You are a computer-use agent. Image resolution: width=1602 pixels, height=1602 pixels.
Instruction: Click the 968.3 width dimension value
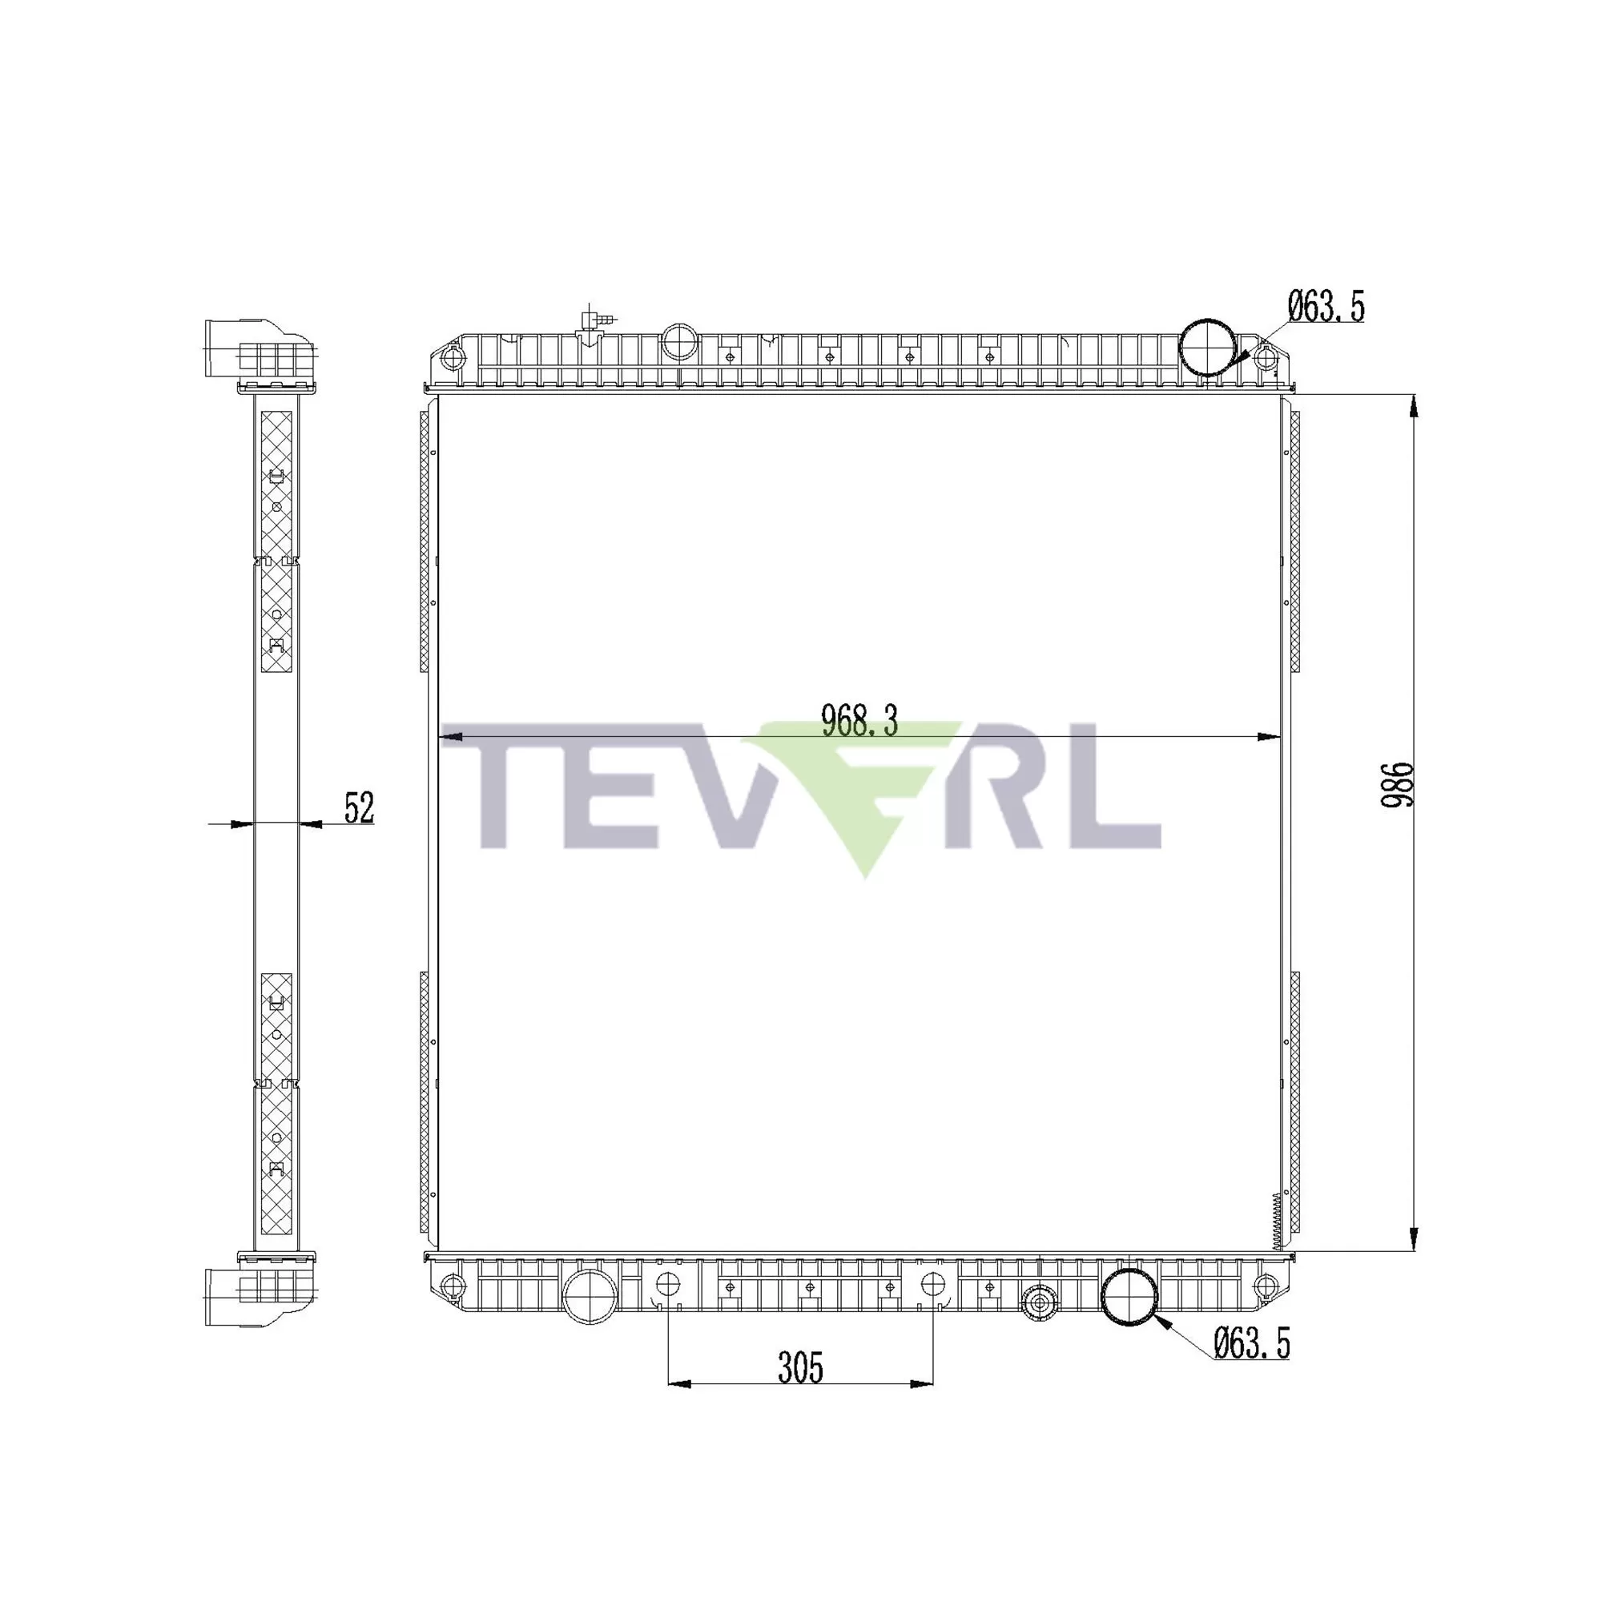point(859,721)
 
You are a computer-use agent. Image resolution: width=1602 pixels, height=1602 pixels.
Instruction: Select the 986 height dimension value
point(1395,784)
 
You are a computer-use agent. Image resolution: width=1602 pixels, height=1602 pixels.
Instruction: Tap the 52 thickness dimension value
point(359,807)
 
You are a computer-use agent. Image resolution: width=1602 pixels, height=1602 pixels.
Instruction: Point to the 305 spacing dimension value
point(800,1368)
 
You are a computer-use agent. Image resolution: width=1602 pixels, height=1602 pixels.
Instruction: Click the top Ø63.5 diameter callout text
point(1326,307)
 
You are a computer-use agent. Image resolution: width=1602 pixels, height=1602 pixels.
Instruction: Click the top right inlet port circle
point(1207,347)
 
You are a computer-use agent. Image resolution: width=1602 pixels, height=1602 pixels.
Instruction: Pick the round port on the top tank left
point(678,340)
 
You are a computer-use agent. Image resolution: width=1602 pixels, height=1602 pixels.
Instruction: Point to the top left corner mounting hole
point(450,358)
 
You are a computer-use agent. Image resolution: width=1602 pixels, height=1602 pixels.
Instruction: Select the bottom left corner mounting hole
point(449,1286)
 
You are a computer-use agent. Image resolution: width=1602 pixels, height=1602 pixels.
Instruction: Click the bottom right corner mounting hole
point(1263,1286)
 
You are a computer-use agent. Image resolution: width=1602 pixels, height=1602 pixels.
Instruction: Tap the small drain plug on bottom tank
point(1037,1304)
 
